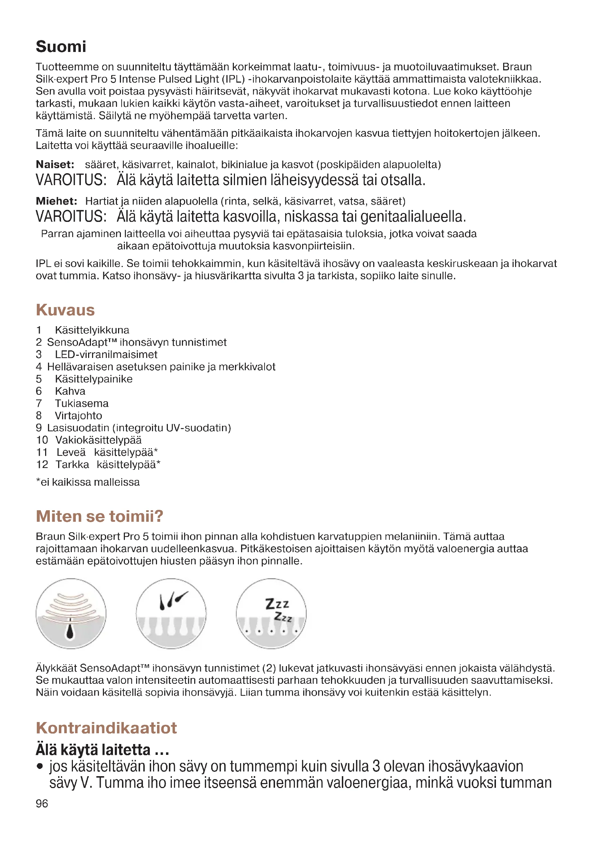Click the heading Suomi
tap(61, 47)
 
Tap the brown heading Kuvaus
tap(65, 310)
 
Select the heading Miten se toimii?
tap(99, 516)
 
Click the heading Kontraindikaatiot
tap(106, 727)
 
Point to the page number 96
tap(42, 803)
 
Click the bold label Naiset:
tap(55, 164)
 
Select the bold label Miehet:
tap(56, 201)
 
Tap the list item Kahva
tap(70, 391)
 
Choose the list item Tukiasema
tap(82, 403)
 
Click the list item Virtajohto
tap(78, 415)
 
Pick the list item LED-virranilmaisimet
tap(106, 354)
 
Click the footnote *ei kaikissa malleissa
tap(87, 482)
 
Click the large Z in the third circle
tap(270, 604)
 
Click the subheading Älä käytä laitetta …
tap(102, 749)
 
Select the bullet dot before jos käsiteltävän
tap(40, 767)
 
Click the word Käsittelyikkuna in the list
tap(92, 330)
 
